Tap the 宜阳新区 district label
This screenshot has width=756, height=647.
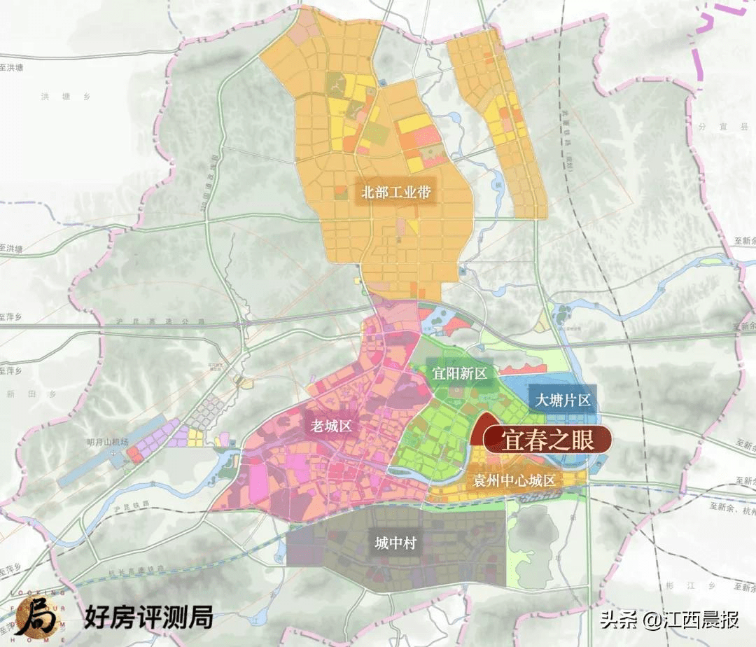point(458,374)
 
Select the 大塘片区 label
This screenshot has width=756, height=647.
point(563,401)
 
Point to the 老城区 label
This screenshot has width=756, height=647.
point(331,425)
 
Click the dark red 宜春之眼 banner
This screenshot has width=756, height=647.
point(547,440)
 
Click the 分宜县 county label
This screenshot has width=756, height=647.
point(731,127)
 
